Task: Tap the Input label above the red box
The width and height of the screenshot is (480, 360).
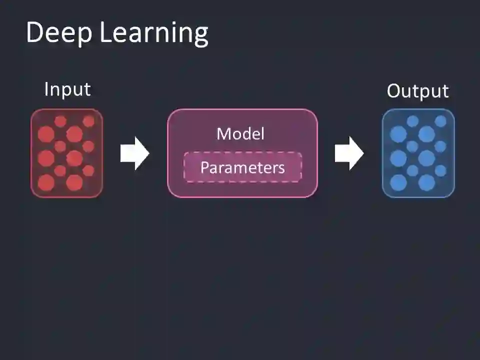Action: [67, 89]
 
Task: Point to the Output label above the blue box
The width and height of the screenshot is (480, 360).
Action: [418, 91]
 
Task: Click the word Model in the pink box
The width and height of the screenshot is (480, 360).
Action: [240, 133]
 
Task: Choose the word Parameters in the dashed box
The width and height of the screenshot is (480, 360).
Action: [242, 167]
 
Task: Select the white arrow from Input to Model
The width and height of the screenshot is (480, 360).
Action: [134, 153]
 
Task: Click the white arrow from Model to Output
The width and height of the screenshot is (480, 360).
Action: [349, 153]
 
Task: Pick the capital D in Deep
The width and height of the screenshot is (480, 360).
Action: [35, 33]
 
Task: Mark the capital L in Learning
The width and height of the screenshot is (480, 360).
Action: [105, 33]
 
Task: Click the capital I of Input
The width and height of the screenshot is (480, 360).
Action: [46, 89]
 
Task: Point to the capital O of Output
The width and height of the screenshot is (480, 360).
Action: [394, 91]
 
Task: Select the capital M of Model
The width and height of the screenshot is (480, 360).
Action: [223, 133]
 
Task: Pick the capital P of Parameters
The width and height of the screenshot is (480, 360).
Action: [204, 167]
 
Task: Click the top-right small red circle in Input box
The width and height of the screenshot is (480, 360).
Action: [88, 121]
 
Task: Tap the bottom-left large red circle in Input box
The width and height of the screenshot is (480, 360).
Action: [46, 182]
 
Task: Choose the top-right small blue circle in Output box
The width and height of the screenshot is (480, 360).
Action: [440, 121]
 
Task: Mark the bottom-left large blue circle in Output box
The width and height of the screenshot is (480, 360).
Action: [398, 182]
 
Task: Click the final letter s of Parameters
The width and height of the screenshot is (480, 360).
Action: [281, 168]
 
